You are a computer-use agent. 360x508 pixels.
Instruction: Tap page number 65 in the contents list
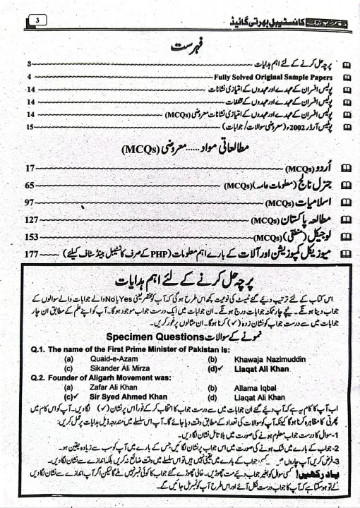click(x=29, y=186)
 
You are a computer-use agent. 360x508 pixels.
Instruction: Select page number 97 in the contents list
click(x=29, y=202)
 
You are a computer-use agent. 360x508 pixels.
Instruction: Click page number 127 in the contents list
click(x=30, y=219)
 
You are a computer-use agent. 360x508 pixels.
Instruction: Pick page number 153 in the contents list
click(x=30, y=236)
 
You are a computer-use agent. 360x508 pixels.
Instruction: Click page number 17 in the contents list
click(x=29, y=169)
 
